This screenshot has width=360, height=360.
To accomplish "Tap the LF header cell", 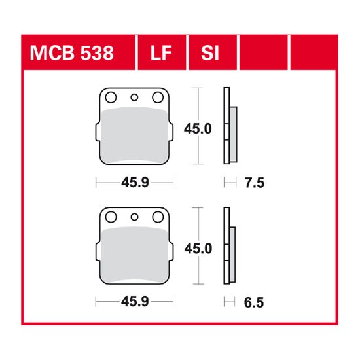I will coord(160,53).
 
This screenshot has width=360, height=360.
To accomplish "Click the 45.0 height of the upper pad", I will coord(197,129).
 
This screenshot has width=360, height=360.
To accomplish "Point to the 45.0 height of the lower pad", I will coord(197,249).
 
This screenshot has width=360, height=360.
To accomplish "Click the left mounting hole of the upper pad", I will coord(111,98).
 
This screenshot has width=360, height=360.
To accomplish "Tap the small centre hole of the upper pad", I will coord(135,98).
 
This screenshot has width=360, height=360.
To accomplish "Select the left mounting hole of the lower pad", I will coord(111,217).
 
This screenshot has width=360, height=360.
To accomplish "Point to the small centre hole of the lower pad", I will coord(135,217).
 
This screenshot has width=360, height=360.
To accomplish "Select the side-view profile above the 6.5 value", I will coord(228,249).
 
